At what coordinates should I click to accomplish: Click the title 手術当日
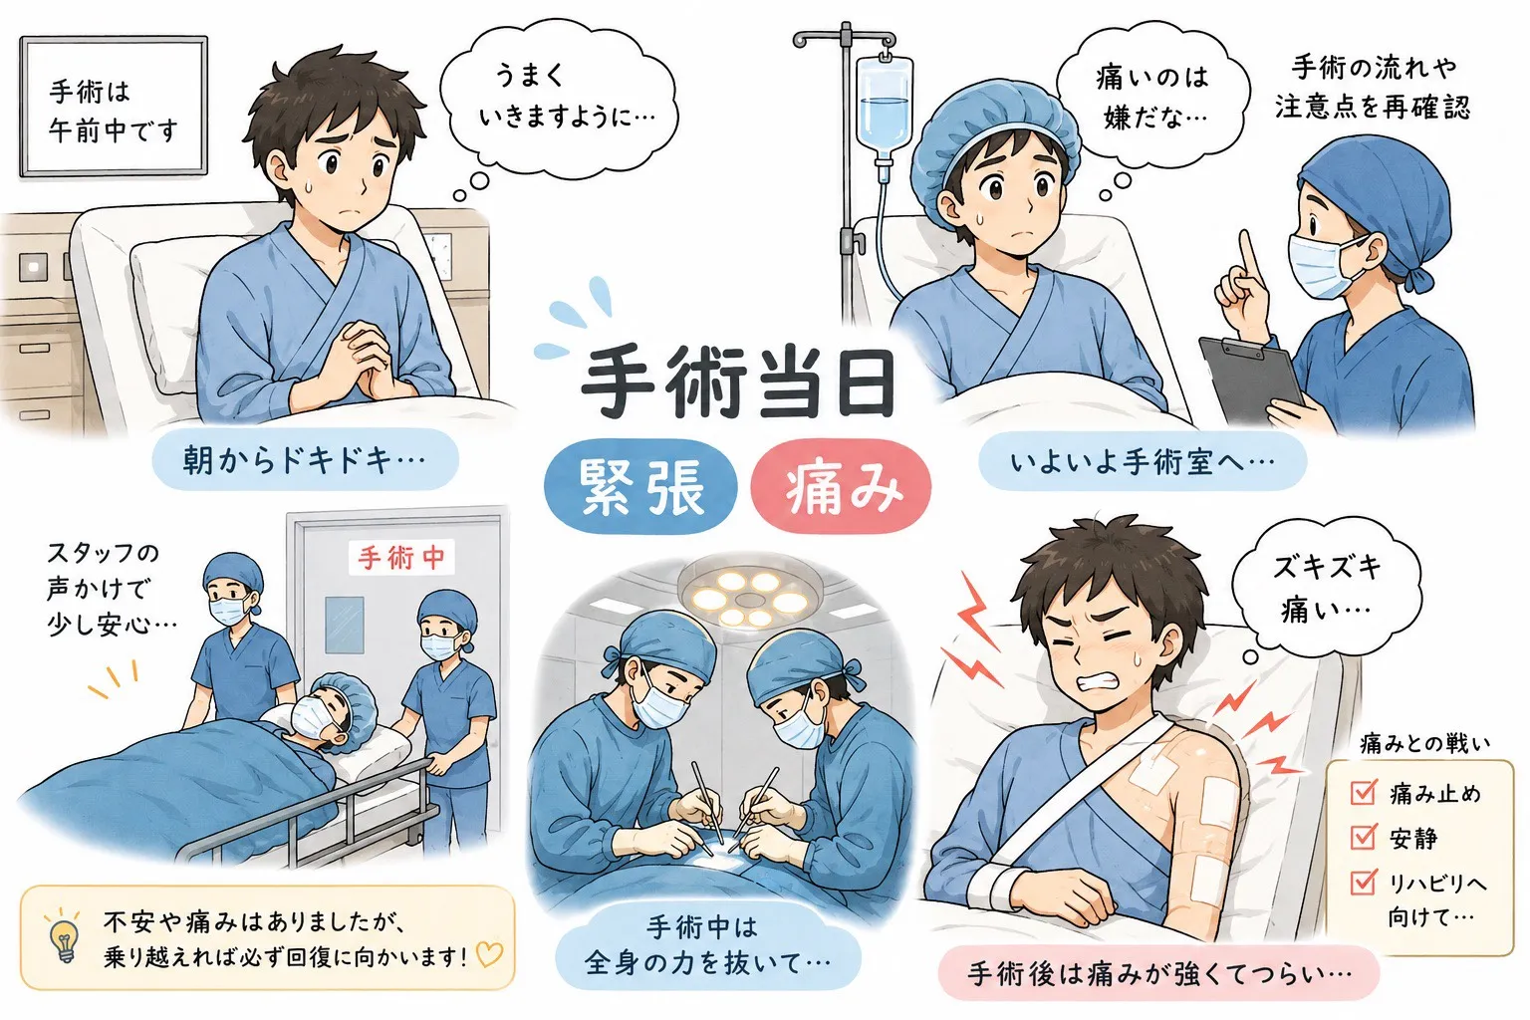tap(738, 383)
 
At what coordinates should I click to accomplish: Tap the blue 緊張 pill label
tap(640, 486)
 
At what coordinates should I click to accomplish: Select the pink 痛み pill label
tap(841, 486)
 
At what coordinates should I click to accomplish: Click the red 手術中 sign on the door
tap(401, 558)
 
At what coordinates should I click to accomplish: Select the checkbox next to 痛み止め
tap(1364, 792)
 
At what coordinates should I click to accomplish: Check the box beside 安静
tap(1364, 837)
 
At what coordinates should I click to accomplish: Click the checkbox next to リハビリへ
tap(1364, 882)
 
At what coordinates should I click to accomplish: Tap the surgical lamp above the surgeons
tap(751, 598)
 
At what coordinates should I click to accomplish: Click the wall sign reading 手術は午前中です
tap(114, 108)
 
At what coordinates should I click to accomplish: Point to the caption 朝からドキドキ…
tap(305, 460)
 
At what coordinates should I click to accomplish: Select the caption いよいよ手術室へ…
tap(1143, 461)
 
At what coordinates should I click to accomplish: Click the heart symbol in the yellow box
tap(489, 954)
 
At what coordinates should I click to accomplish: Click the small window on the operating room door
tap(345, 625)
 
